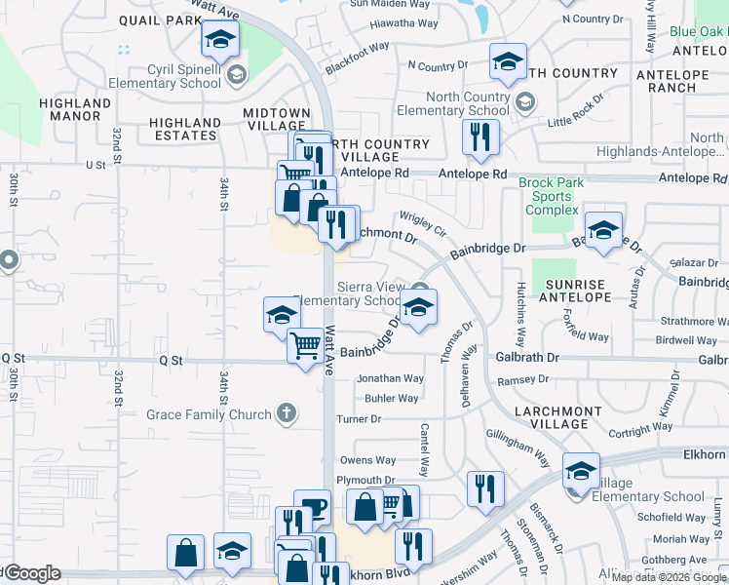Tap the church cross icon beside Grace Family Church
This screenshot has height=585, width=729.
click(285, 413)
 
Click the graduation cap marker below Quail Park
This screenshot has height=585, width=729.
click(220, 40)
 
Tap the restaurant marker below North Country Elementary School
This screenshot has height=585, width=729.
click(479, 138)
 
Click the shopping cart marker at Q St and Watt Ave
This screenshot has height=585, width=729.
click(306, 345)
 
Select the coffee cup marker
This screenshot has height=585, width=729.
click(312, 507)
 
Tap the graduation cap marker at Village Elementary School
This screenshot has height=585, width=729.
click(581, 474)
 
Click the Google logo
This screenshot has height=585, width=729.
click(32, 573)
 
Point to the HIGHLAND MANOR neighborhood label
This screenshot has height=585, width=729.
click(75, 109)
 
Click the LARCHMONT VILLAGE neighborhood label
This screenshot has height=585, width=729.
click(559, 417)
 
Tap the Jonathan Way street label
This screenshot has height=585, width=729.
click(390, 378)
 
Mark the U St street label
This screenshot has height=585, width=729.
click(96, 166)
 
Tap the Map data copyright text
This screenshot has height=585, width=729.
click(670, 577)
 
